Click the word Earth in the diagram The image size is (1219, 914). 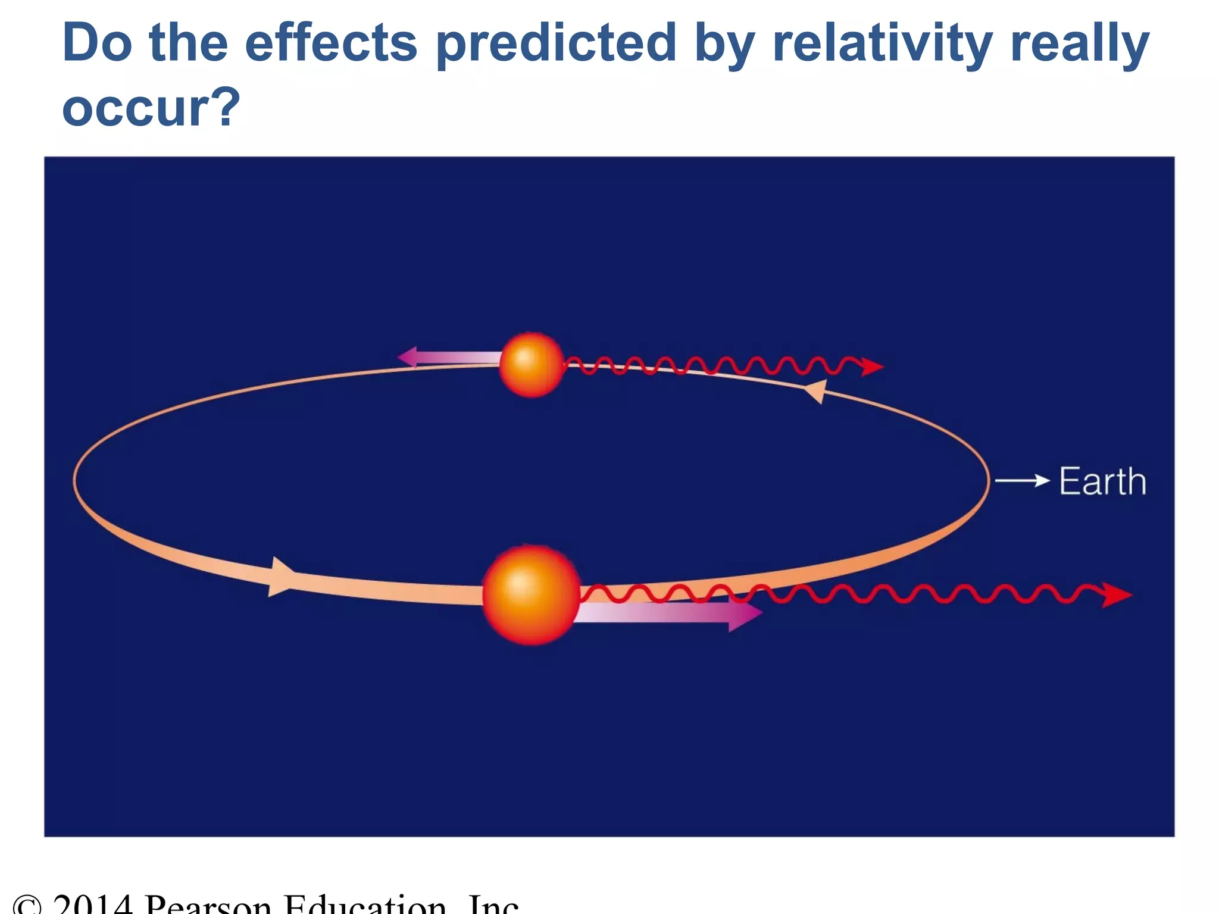pos(1102,481)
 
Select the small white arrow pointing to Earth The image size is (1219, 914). pos(1022,480)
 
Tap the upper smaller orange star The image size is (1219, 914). pos(531,364)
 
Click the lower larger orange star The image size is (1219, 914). pos(531,594)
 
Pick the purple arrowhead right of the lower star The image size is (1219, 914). pos(744,613)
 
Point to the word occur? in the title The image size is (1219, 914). pos(151,108)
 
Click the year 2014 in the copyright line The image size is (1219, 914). pos(92,904)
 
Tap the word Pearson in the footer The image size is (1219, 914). pos(208,904)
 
